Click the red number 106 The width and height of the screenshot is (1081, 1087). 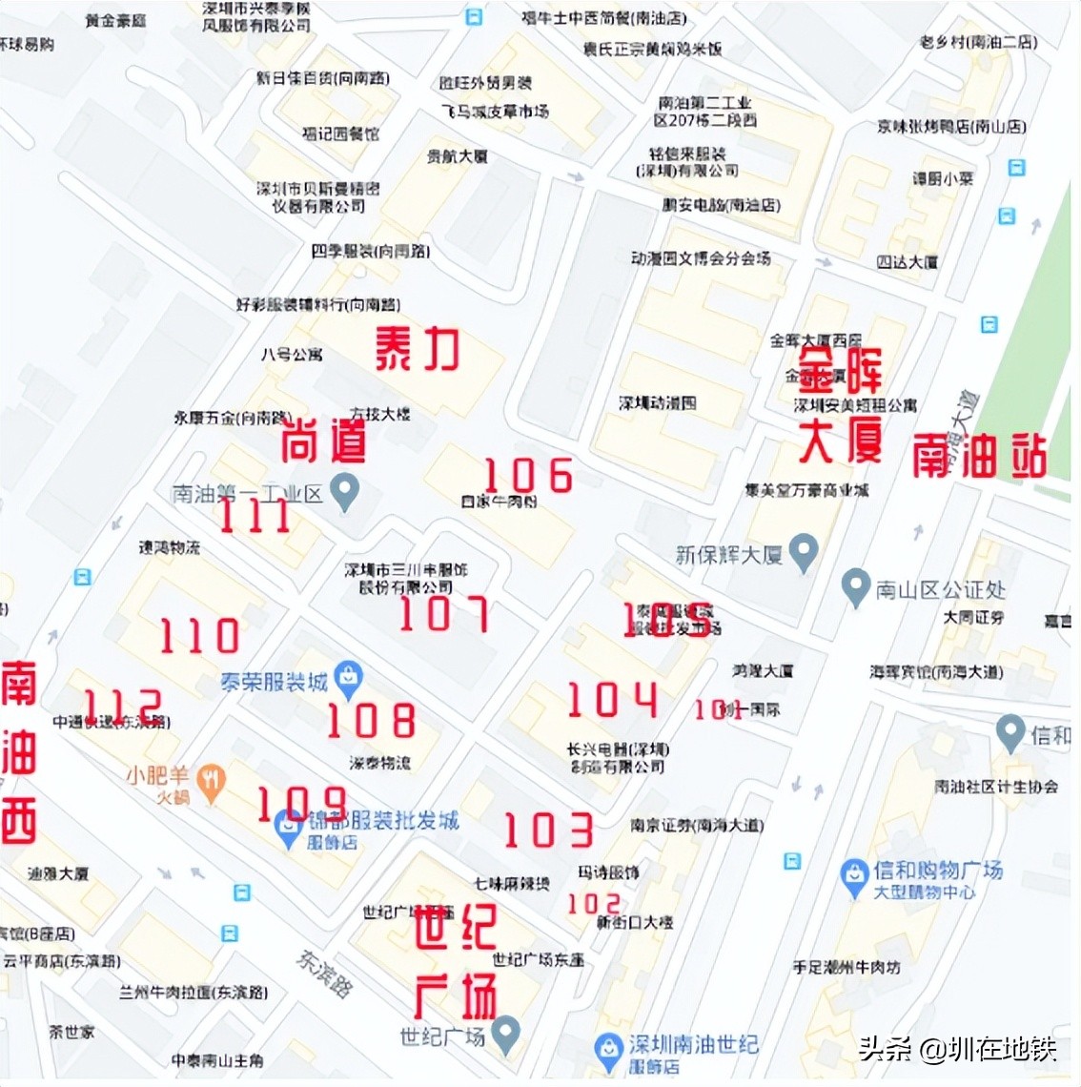[529, 475]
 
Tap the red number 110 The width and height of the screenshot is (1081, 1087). [199, 636]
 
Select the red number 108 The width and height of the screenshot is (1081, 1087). [371, 720]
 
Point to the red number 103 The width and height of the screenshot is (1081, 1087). [548, 831]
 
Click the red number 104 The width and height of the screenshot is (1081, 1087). [612, 700]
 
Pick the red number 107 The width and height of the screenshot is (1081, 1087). [444, 614]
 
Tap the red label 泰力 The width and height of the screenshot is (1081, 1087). [417, 349]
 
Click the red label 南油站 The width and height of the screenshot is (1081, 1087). [979, 456]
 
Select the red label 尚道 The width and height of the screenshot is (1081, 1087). [323, 440]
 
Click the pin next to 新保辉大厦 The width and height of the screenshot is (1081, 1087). [804, 552]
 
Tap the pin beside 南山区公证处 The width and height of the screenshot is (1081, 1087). [856, 587]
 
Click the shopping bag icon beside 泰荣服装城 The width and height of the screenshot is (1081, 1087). [349, 678]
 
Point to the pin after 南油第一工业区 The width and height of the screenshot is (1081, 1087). [344, 491]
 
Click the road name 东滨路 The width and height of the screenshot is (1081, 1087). [323, 972]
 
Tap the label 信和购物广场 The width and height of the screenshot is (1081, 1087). [937, 870]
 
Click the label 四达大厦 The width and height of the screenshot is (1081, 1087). [907, 261]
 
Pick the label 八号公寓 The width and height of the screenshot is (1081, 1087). [292, 355]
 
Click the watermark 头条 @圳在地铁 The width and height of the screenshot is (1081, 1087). [957, 1049]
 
